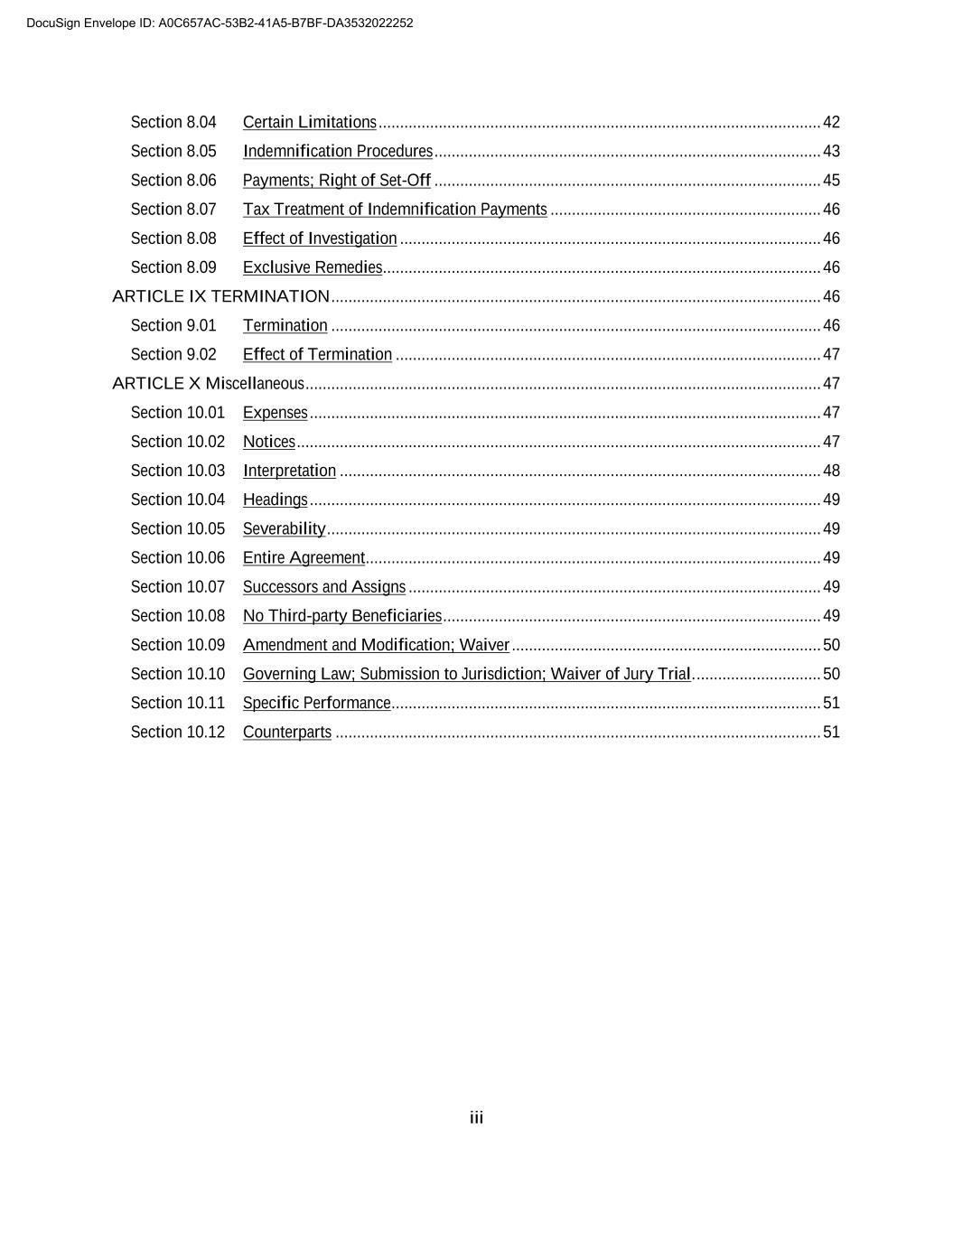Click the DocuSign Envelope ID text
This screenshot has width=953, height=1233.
(220, 23)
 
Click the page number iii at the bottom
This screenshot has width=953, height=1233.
(476, 1118)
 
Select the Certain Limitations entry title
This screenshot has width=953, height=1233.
(309, 122)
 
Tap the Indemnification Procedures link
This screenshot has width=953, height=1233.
(337, 151)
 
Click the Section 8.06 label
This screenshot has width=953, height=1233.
(173, 181)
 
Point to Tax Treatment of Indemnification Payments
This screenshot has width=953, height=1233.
(395, 210)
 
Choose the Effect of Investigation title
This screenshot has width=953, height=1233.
(320, 238)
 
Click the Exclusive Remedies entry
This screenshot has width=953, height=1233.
(313, 267)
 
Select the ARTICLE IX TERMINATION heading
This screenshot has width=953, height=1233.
(220, 296)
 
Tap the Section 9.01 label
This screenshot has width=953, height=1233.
(173, 325)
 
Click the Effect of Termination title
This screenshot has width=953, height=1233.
(317, 354)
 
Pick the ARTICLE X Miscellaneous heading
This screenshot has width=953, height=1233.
(208, 383)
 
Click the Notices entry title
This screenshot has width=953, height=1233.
(269, 442)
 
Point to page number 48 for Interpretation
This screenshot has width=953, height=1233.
(831, 471)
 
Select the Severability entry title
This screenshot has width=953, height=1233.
(284, 528)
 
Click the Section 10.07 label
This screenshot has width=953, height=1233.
(177, 587)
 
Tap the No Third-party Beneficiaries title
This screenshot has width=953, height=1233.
(341, 616)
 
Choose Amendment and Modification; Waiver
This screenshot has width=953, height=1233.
(376, 645)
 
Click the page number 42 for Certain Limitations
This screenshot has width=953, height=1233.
(831, 122)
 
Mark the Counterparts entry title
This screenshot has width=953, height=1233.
(287, 732)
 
